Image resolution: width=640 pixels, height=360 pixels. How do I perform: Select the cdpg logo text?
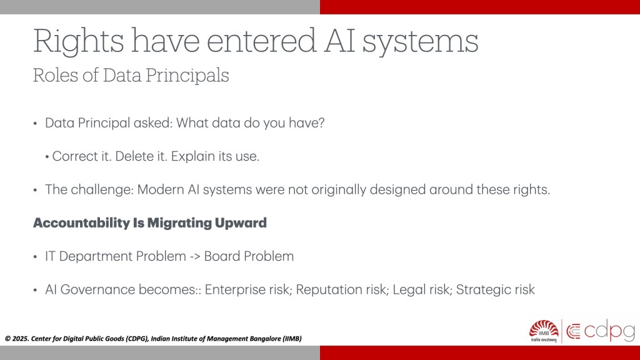pos(609,331)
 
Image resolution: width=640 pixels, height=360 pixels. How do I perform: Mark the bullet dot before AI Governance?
pos(35,290)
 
